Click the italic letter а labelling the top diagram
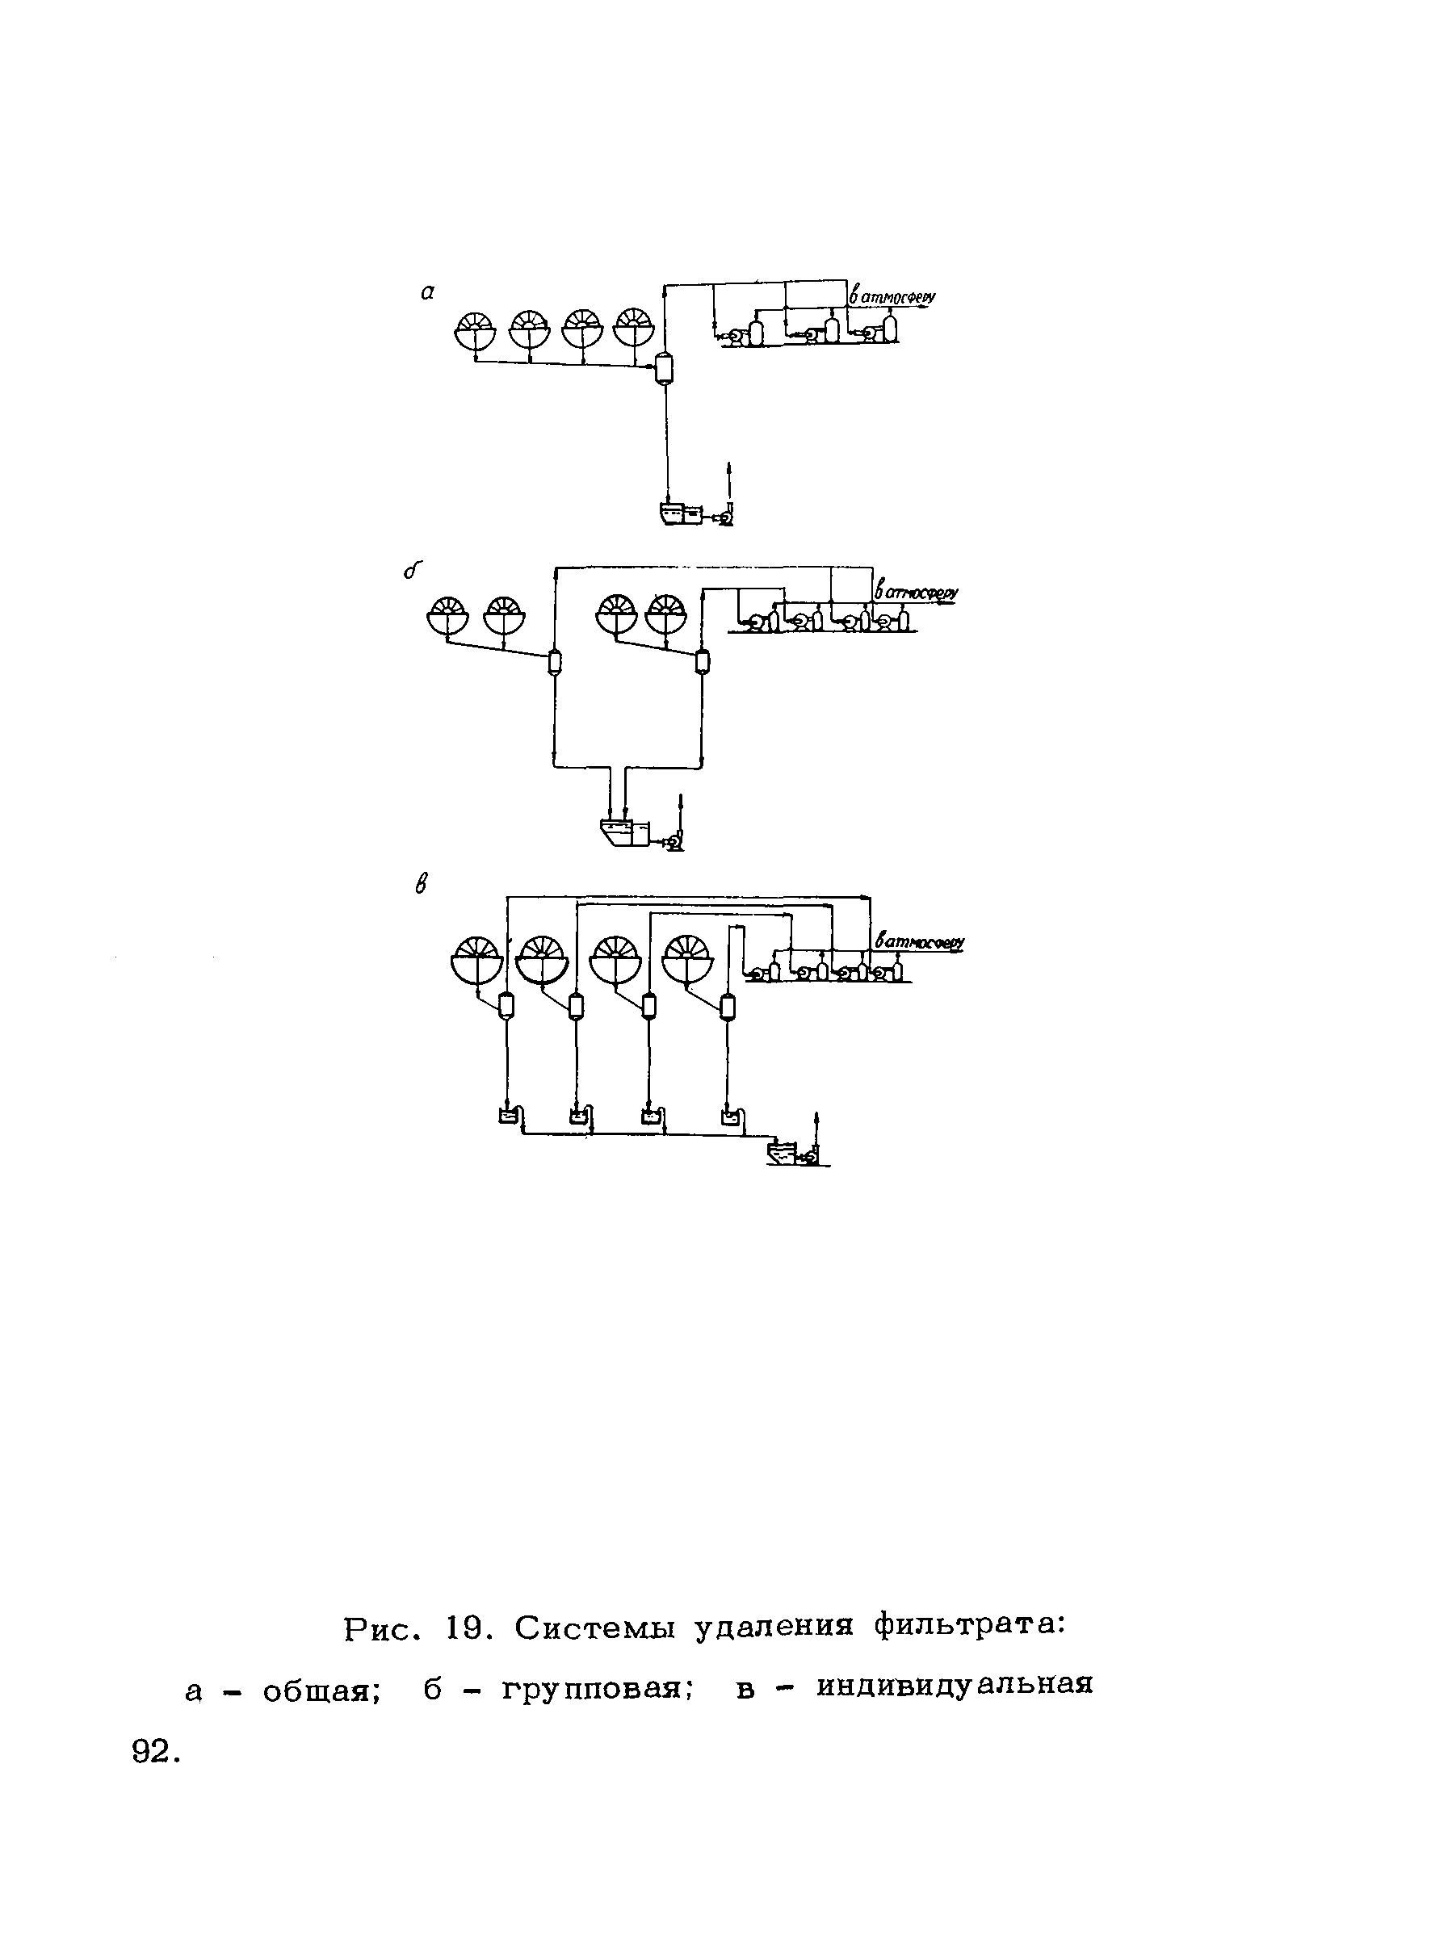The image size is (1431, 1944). coord(427,294)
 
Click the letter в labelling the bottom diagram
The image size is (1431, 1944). coord(422,885)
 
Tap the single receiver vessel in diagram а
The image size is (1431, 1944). coord(665,369)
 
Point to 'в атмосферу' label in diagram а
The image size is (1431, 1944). coord(892,296)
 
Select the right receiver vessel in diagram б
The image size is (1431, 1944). coord(703,663)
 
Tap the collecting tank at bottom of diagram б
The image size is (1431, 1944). coord(623,833)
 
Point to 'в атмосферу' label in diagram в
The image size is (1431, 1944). coord(920,942)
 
